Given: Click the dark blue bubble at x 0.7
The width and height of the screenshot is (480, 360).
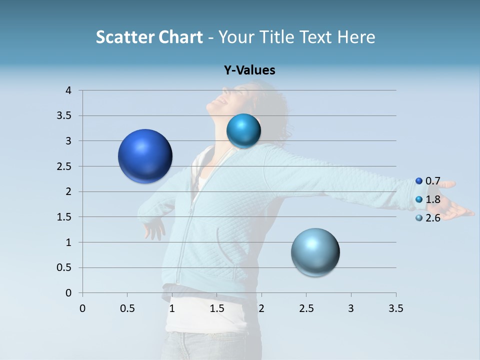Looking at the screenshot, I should click(x=145, y=156).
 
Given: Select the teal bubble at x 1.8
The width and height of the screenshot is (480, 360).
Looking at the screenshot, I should click(x=243, y=131).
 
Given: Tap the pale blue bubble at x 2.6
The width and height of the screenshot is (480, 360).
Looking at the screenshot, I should click(x=315, y=252).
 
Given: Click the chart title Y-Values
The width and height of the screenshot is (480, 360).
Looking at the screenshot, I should click(x=249, y=70).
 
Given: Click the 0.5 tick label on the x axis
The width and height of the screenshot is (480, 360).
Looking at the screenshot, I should click(x=127, y=308).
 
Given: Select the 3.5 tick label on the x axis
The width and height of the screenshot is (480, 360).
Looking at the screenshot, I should click(x=395, y=308).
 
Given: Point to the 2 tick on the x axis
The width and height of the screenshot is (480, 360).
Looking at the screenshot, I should click(x=261, y=308).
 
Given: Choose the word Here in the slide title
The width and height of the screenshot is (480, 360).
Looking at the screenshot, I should click(x=356, y=37).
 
